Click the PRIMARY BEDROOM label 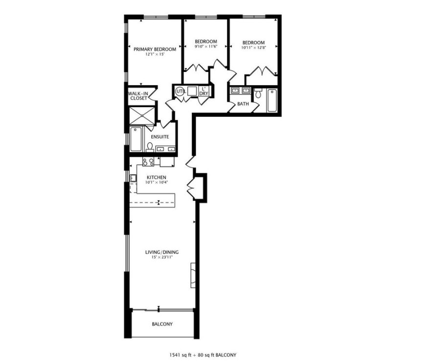tap(155, 49)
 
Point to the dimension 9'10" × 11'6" tap(206, 46)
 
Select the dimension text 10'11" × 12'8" tap(253, 47)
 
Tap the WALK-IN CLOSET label tap(138, 96)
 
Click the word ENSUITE tap(160, 137)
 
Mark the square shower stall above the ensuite tap(142, 115)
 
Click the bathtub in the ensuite tap(136, 139)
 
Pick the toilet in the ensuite tap(150, 147)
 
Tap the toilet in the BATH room tap(258, 93)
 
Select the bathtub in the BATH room tap(272, 100)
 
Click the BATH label tap(243, 104)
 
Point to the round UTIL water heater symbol tap(180, 91)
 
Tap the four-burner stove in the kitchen tap(148, 162)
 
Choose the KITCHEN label tap(156, 178)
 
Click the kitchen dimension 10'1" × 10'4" tap(157, 182)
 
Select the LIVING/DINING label tap(162, 252)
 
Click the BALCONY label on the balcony tap(162, 324)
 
